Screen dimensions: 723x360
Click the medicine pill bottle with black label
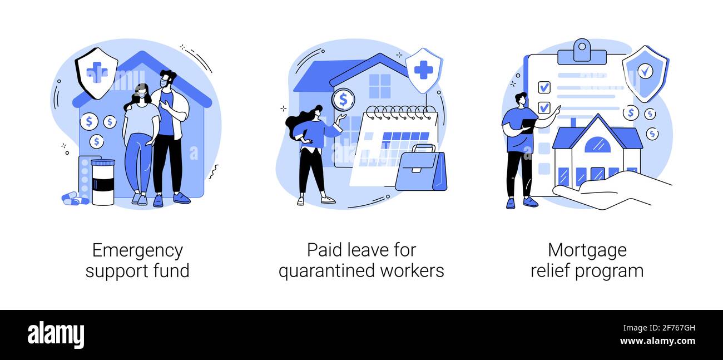[103, 182]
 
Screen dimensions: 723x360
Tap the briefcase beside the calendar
[421, 168]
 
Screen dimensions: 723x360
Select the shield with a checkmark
[646, 74]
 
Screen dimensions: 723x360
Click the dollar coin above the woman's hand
[344, 100]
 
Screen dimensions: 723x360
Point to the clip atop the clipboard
[582, 52]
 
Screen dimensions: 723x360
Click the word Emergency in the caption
[137, 251]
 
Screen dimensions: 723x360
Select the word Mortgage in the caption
[587, 251]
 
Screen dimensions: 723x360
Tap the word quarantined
[326, 271]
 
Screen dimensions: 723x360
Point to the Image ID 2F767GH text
[659, 328]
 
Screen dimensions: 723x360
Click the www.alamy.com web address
[657, 341]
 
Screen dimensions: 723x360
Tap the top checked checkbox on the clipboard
[544, 87]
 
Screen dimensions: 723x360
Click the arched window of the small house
[597, 144]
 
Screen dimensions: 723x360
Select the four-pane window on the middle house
[379, 86]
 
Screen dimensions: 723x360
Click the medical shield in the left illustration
[96, 73]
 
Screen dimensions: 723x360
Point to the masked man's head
[168, 78]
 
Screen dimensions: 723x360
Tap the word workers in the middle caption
[412, 270]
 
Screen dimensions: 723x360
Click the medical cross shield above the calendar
[423, 70]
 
